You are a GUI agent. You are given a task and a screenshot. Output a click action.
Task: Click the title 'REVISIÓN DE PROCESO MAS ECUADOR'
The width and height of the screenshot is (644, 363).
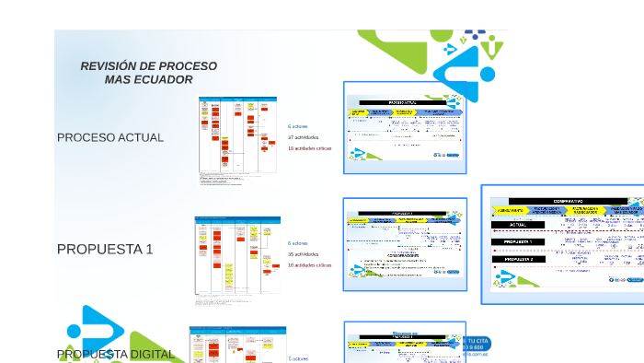(149, 73)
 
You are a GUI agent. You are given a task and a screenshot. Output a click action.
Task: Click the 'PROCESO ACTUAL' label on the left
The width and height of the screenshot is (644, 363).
(110, 137)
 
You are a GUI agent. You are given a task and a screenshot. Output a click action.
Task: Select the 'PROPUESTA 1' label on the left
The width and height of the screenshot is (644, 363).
(105, 249)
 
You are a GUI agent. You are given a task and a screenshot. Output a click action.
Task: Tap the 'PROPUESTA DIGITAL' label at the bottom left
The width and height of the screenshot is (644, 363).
(116, 354)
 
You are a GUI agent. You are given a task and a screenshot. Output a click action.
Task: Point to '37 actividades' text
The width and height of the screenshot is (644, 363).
(303, 136)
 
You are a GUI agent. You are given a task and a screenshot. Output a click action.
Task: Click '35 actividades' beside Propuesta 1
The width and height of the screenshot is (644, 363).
(303, 253)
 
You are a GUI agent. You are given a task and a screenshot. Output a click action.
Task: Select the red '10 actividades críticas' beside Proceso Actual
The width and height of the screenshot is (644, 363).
(309, 147)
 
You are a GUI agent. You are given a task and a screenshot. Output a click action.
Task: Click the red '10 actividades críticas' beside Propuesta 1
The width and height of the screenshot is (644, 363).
(309, 264)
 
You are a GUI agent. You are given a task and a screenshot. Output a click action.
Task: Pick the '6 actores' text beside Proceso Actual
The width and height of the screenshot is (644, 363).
(298, 125)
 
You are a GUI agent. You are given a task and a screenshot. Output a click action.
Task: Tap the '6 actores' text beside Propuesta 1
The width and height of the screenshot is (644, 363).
(298, 243)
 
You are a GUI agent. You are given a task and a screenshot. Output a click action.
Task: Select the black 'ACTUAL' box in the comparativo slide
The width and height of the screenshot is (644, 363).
(517, 224)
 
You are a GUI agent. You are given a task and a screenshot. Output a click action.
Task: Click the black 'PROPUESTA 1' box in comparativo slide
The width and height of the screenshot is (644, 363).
(517, 241)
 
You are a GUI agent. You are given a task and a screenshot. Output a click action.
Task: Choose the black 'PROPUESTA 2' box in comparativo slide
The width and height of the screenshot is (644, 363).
(517, 259)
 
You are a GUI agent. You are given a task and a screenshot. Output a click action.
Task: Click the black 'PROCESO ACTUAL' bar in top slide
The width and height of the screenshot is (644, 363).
(402, 102)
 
